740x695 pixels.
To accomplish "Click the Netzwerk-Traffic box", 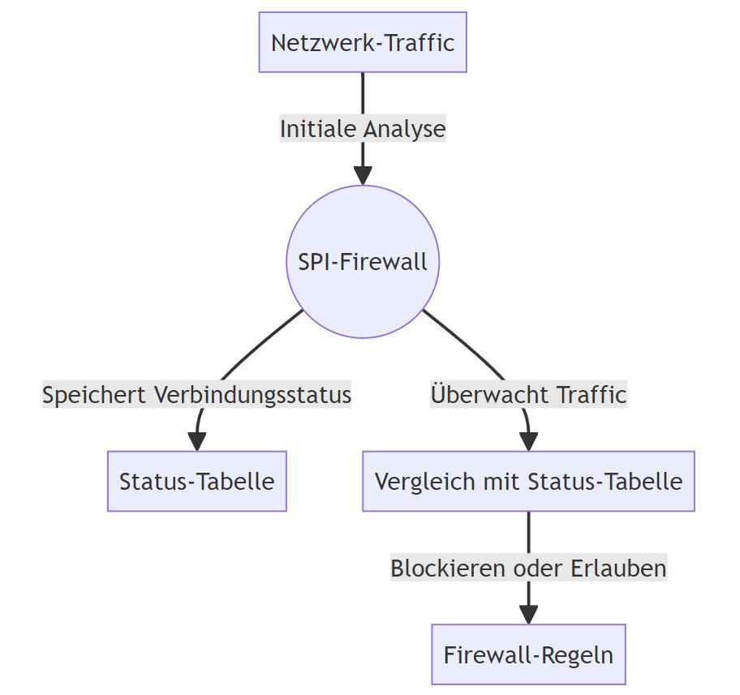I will [x=363, y=42].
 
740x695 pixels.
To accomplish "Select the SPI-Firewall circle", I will [x=363, y=262].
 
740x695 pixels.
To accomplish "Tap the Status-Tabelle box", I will [x=197, y=481].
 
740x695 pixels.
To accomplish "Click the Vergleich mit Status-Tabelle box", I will [x=528, y=481].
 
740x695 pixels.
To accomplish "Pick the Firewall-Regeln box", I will [x=528, y=654].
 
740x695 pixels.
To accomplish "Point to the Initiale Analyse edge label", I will [x=363, y=129].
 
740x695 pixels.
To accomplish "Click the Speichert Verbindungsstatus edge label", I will [x=197, y=395].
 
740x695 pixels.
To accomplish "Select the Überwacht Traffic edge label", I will [x=528, y=395].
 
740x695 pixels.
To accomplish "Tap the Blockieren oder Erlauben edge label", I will [x=528, y=568].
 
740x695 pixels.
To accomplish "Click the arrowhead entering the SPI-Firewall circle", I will [x=363, y=176].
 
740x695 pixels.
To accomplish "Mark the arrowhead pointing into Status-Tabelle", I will [x=197, y=442].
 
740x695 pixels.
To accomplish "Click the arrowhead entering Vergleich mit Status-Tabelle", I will [x=528, y=442].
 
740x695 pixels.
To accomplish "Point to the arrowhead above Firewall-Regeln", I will [x=528, y=615].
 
